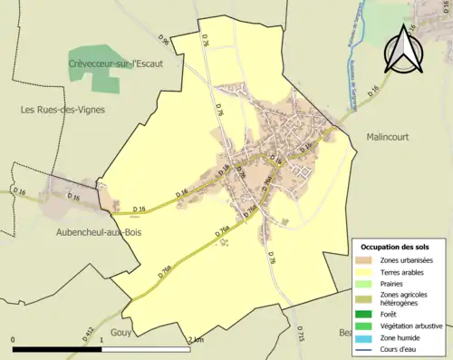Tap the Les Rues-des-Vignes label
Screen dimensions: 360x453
[63, 109]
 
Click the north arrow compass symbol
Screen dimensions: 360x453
[403, 49]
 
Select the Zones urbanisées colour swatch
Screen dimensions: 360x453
[368, 260]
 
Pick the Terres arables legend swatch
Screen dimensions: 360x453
[368, 271]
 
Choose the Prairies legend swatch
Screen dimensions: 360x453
[368, 282]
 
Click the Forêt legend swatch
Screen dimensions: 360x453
[368, 315]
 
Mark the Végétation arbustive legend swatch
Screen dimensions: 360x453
[368, 326]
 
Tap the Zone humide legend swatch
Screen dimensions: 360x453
[368, 337]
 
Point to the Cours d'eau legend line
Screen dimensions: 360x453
[368, 349]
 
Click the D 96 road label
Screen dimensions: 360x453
[163, 41]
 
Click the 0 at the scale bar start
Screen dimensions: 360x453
[14, 339]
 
